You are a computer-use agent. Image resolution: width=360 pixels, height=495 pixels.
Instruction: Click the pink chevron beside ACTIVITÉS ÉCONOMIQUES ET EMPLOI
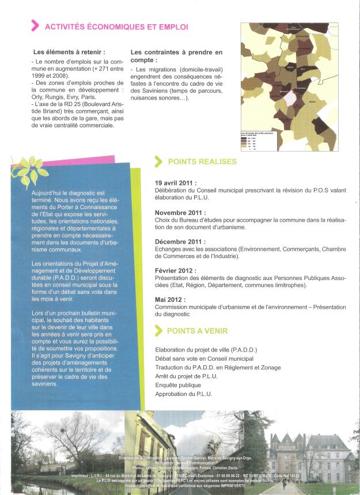(x=35, y=25)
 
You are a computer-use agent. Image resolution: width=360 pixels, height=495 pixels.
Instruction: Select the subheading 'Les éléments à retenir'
(x=69, y=52)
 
